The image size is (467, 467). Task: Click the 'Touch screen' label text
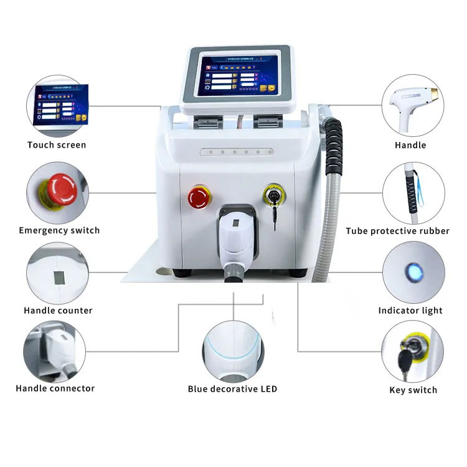pyautogui.click(x=57, y=145)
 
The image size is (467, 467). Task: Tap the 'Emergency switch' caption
pyautogui.click(x=59, y=230)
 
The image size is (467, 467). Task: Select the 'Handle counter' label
pyautogui.click(x=58, y=310)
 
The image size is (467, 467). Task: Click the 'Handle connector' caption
pyautogui.click(x=55, y=388)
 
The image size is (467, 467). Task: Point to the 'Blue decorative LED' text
pyautogui.click(x=232, y=389)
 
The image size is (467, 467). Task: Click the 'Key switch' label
pyautogui.click(x=413, y=390)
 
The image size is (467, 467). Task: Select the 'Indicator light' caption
pyautogui.click(x=410, y=311)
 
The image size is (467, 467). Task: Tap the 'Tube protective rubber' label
pyautogui.click(x=397, y=231)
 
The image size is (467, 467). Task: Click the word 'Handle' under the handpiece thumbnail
pyautogui.click(x=410, y=145)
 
